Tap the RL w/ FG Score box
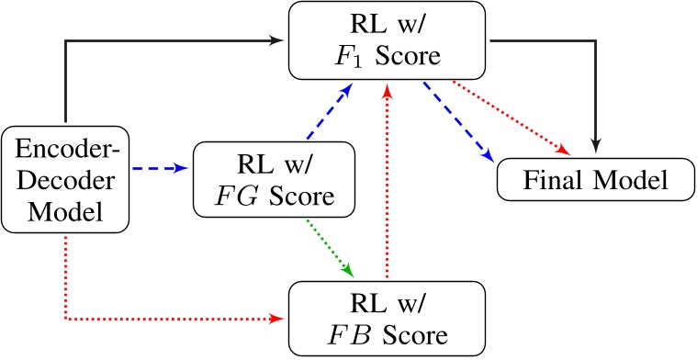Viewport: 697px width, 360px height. (275, 179)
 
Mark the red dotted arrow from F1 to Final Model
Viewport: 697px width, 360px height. (514, 117)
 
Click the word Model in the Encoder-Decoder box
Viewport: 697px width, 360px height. (63, 210)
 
